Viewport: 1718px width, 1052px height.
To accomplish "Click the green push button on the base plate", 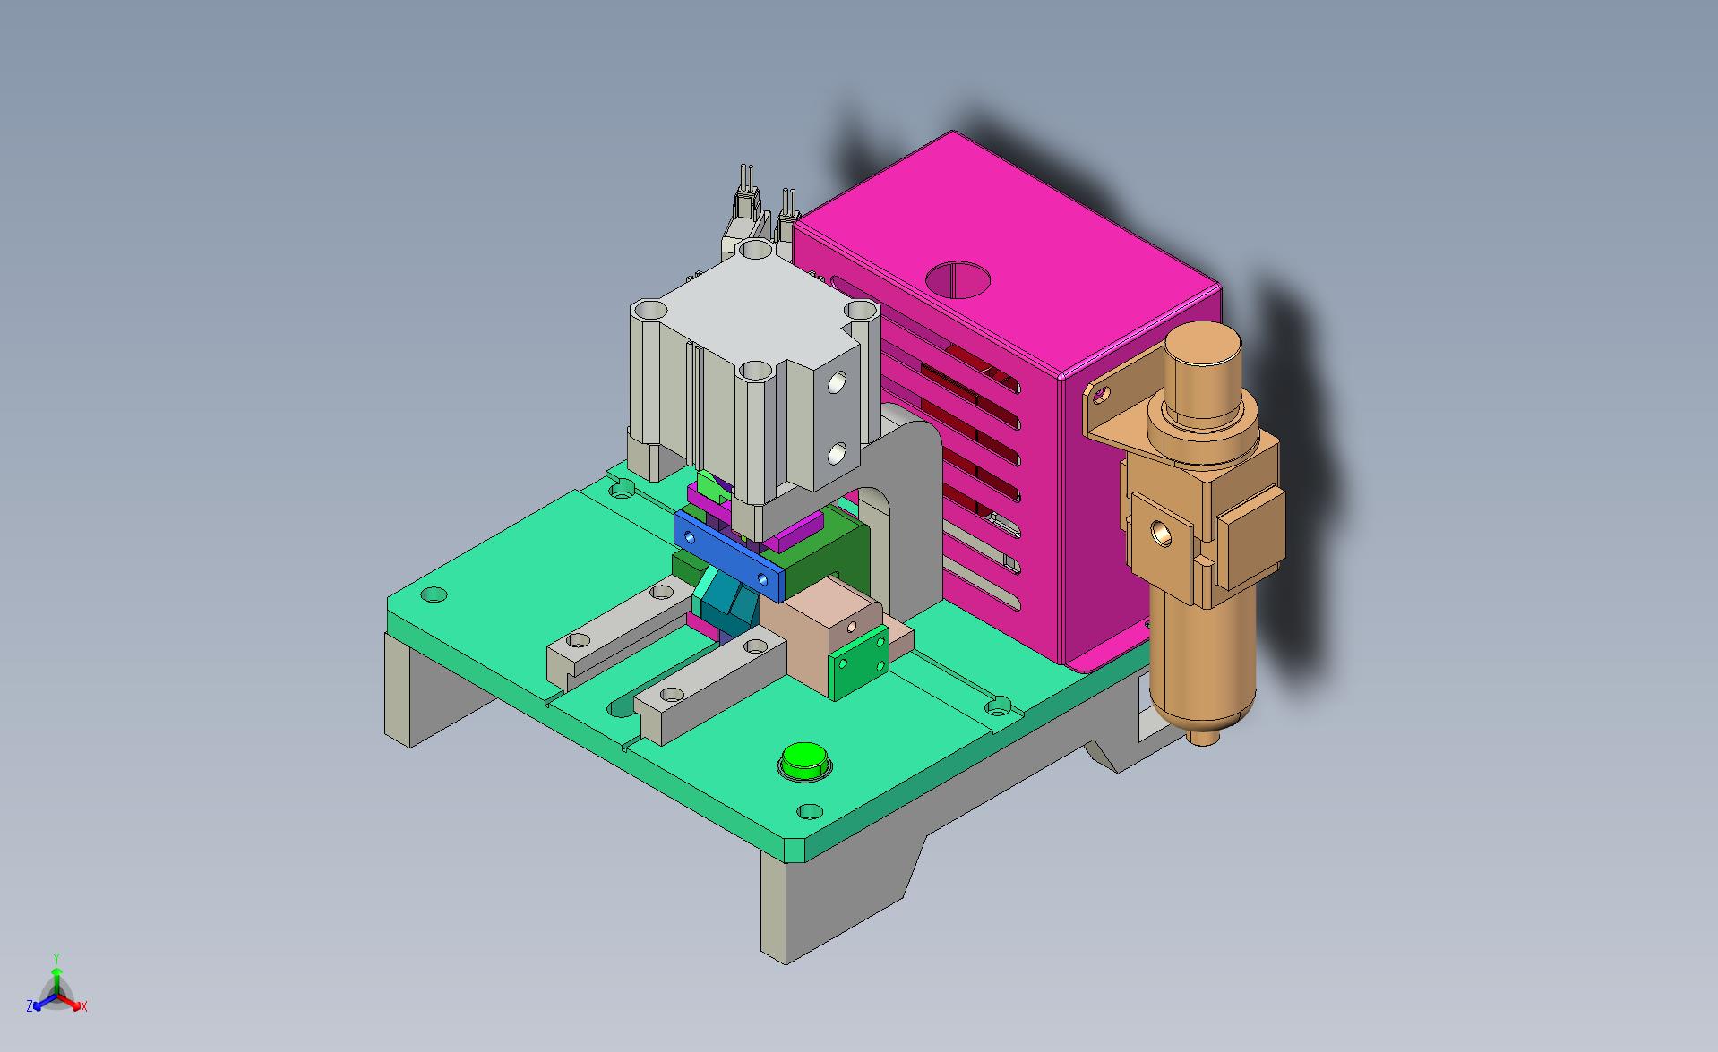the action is (x=804, y=761).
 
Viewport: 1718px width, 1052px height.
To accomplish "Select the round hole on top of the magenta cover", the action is (x=958, y=279).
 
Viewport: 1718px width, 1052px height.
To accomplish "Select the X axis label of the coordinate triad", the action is (x=83, y=1007).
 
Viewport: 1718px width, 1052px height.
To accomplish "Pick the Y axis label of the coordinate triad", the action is (x=56, y=958).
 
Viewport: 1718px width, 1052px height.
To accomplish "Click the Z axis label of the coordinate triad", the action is (x=30, y=1006).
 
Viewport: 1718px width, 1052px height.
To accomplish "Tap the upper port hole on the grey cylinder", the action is (x=210, y=382).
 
